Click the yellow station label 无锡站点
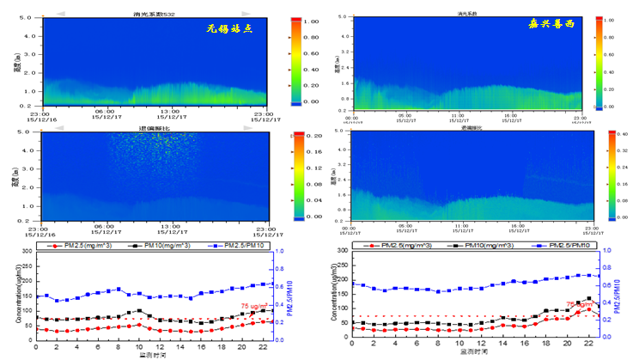[x=230, y=27]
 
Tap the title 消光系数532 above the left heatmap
[x=155, y=15]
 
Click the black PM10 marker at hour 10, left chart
[x=139, y=310]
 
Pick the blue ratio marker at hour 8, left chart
[x=119, y=290]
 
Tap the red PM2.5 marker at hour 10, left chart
[x=139, y=325]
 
